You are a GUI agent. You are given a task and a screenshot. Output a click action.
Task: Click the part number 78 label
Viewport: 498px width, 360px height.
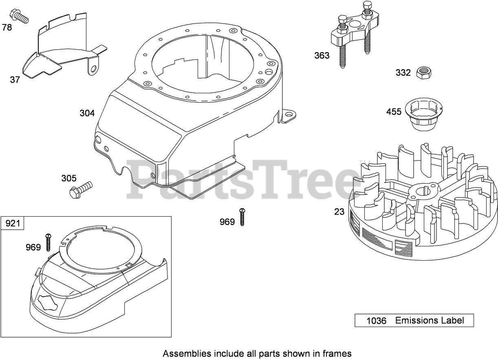tap(7, 27)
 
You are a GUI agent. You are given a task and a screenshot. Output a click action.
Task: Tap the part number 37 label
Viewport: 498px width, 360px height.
tap(15, 80)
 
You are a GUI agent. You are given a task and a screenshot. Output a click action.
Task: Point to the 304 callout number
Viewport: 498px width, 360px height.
tap(87, 113)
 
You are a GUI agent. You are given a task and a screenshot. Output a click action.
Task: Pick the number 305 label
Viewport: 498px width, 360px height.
tap(68, 178)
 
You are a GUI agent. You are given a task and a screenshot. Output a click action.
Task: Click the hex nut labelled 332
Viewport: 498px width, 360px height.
tap(424, 73)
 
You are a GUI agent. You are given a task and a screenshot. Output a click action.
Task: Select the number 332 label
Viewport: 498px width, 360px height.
tap(403, 73)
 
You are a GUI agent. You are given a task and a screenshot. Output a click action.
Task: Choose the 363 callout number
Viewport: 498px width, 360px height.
tap(322, 55)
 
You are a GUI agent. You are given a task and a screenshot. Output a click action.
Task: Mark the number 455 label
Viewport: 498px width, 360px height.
tap(394, 112)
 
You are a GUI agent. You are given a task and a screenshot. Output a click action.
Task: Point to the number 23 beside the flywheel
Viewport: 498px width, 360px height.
tap(339, 212)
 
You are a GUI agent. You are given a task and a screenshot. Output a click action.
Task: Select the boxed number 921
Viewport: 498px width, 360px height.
tap(13, 224)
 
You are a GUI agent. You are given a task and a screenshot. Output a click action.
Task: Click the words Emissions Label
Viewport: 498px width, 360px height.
tap(430, 320)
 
